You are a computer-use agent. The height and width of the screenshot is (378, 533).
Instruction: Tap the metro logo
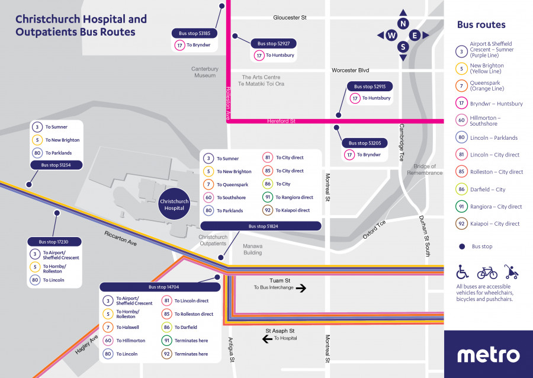pyautogui.click(x=488, y=355)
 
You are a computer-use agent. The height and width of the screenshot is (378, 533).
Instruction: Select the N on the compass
pyautogui.click(x=403, y=24)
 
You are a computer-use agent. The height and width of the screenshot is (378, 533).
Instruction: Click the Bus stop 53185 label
pyautogui.click(x=194, y=33)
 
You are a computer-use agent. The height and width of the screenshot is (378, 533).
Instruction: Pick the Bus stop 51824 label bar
pyautogui.click(x=261, y=226)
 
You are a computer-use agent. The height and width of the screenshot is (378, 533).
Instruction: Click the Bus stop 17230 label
pyautogui.click(x=54, y=242)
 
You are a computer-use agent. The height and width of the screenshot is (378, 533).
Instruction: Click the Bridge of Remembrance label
pyautogui.click(x=425, y=169)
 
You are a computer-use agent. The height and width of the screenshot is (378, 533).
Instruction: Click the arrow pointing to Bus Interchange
pyautogui.click(x=301, y=289)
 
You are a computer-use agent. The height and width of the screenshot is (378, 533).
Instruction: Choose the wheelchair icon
pyautogui.click(x=463, y=272)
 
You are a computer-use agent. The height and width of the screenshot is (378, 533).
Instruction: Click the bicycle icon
pyautogui.click(x=486, y=272)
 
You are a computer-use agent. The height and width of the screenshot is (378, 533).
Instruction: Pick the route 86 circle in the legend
pyautogui.click(x=461, y=190)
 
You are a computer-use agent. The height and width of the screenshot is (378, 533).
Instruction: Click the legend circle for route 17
pyautogui.click(x=461, y=104)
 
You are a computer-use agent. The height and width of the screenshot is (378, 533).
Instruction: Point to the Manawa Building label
pyautogui.click(x=252, y=249)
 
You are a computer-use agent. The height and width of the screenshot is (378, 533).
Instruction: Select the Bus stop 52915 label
pyautogui.click(x=370, y=87)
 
